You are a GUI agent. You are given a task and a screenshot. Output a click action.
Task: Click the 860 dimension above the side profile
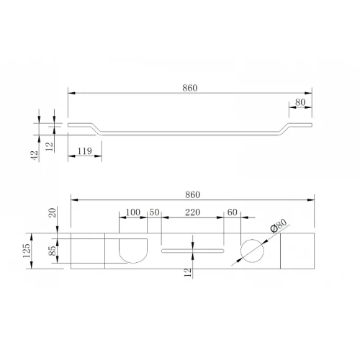[190, 88]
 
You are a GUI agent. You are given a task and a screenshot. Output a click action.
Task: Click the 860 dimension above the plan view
[192, 194]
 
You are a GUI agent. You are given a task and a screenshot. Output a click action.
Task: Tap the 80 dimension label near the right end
[300, 102]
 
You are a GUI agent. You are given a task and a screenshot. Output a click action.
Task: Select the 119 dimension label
[85, 151]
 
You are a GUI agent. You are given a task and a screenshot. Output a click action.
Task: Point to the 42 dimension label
[35, 156]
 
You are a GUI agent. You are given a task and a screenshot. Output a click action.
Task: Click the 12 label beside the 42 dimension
[49, 146]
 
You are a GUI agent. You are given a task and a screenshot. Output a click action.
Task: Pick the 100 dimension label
[133, 212]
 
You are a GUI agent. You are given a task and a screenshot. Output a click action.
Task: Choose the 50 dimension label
[154, 212]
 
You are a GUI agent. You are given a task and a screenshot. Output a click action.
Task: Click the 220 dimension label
[192, 212]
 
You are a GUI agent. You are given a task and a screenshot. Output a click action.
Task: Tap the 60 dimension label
[232, 212]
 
